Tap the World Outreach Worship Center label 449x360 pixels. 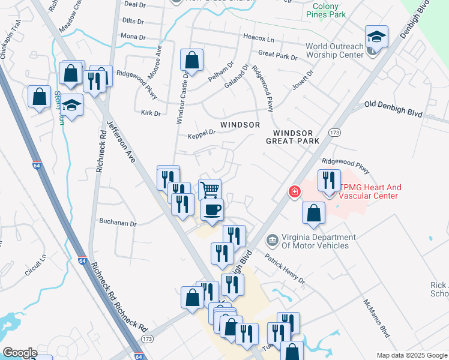[x=334, y=50]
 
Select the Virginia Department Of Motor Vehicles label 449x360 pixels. [x=315, y=241]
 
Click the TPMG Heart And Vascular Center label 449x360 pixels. [x=370, y=191]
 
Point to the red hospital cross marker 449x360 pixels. [x=294, y=192]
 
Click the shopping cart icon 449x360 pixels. [x=209, y=190]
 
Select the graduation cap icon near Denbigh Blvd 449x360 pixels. [x=377, y=37]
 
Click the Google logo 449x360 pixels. [x=20, y=353]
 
